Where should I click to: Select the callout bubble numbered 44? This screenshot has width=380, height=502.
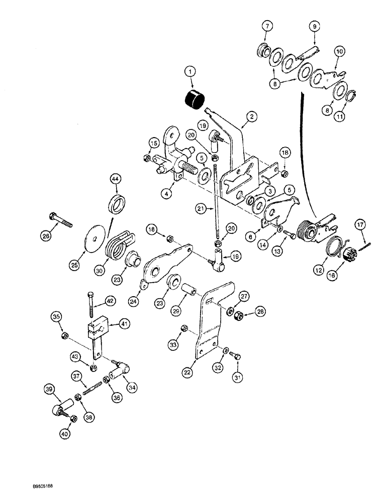[x=115, y=179]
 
